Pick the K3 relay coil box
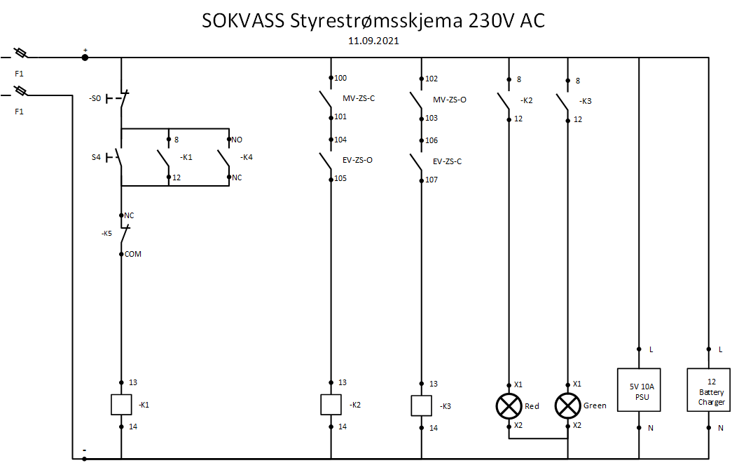(420, 405)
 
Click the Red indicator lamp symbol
(506, 405)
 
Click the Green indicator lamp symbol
(566, 405)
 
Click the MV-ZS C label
(358, 99)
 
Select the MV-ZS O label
(449, 100)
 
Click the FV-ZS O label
(357, 161)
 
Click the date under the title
(373, 41)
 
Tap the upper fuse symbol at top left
(20, 53)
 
